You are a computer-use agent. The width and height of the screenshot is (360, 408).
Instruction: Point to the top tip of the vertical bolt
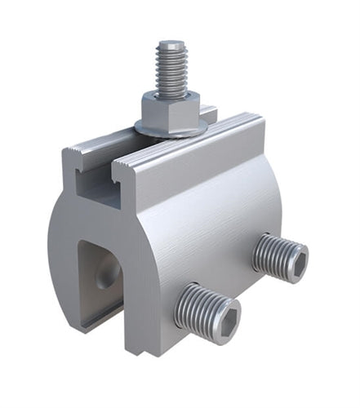pos(171,43)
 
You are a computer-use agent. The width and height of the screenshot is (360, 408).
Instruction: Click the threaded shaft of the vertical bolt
pos(171,69)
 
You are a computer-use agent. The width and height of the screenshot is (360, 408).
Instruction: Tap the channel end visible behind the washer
pos(209,114)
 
